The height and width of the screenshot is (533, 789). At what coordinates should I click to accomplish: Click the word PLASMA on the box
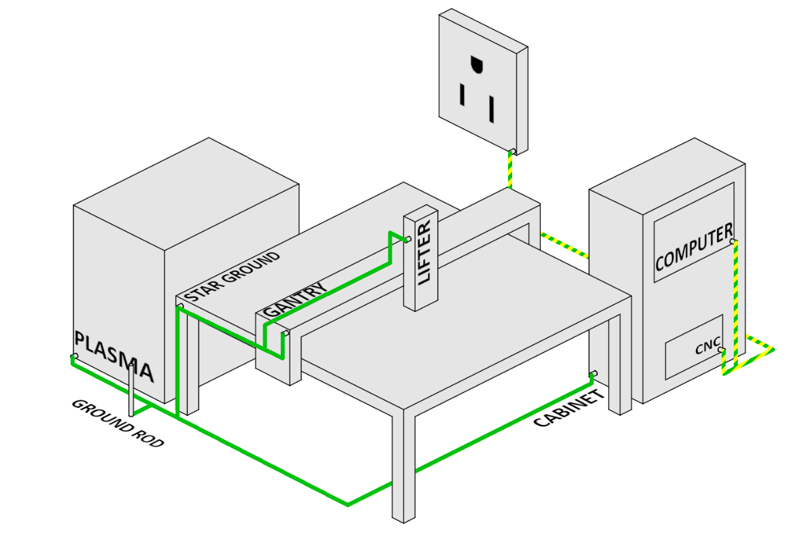click(x=114, y=358)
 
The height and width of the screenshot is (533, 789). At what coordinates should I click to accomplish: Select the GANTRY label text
click(x=294, y=301)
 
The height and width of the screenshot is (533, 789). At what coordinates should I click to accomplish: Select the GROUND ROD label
click(x=118, y=422)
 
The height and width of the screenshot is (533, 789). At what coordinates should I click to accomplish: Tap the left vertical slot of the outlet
click(x=463, y=94)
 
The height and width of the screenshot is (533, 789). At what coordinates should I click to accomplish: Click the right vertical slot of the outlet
click(x=490, y=108)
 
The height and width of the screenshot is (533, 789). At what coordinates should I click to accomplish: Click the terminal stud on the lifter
click(x=408, y=239)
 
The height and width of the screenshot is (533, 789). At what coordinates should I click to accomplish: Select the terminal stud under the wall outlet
click(x=514, y=150)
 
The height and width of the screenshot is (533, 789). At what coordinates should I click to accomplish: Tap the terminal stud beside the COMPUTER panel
click(x=733, y=241)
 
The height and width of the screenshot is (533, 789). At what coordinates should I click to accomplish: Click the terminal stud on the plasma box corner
click(x=74, y=356)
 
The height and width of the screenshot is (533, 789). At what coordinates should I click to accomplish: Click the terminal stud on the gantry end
click(x=286, y=333)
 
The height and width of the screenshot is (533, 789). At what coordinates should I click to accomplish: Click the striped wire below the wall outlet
click(x=510, y=170)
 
